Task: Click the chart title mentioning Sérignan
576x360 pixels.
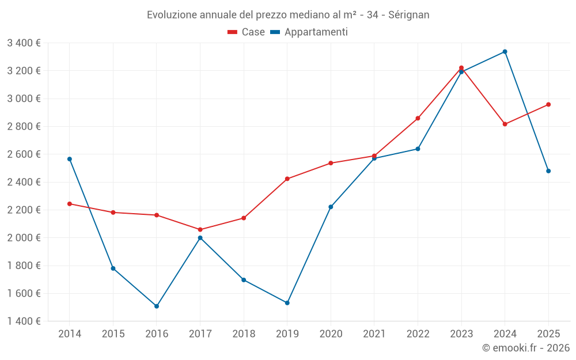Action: (x=288, y=14)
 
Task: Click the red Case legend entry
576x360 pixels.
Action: (x=247, y=32)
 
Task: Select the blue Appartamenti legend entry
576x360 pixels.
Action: (x=309, y=32)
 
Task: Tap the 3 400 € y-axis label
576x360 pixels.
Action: (x=24, y=43)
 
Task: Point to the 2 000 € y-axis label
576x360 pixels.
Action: (x=24, y=237)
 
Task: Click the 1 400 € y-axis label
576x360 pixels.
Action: (x=24, y=321)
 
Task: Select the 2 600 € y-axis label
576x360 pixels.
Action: (x=24, y=154)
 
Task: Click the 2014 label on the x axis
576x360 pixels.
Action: (x=70, y=334)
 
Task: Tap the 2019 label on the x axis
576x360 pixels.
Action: (x=287, y=334)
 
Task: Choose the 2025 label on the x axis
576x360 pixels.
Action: (x=548, y=334)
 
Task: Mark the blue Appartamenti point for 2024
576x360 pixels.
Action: (x=505, y=52)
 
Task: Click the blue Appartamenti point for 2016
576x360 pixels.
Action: (x=157, y=306)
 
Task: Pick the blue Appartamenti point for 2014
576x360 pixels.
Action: (x=70, y=159)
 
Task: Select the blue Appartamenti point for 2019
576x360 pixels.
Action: (x=287, y=303)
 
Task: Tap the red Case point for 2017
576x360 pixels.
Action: (x=200, y=230)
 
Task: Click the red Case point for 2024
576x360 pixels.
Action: (x=505, y=124)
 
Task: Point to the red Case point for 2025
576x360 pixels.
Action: (x=548, y=104)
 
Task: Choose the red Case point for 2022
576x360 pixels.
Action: (x=418, y=118)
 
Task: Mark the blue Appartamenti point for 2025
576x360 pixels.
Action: (x=548, y=171)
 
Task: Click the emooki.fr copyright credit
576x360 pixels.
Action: (x=525, y=348)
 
